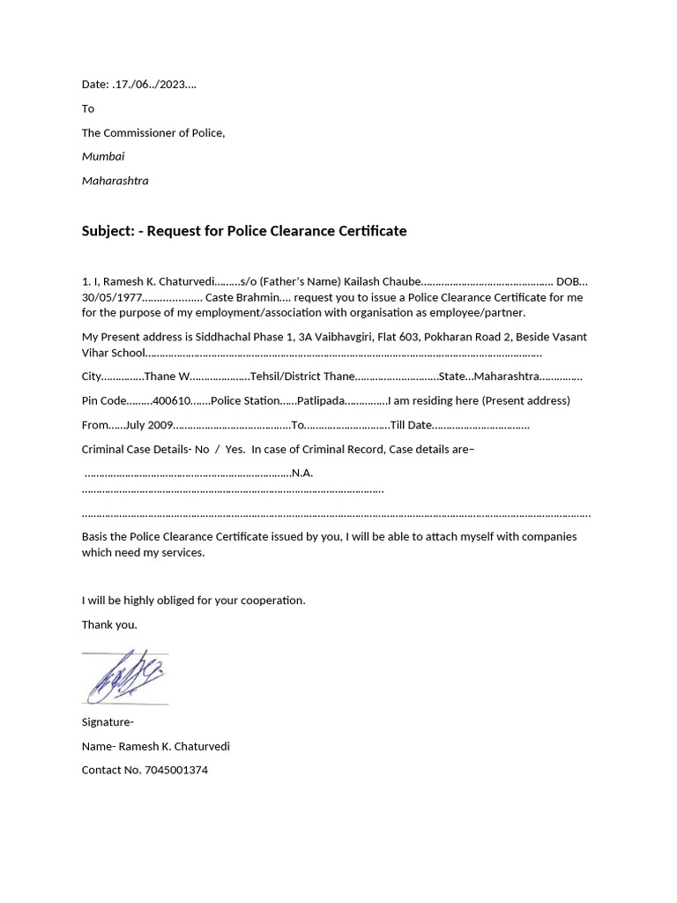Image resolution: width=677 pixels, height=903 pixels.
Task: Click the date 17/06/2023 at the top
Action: tap(155, 85)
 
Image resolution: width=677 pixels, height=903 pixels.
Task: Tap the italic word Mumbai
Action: tap(103, 156)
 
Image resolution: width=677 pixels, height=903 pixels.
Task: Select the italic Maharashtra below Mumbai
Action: tap(115, 181)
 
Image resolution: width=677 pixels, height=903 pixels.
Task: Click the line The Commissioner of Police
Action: tap(153, 133)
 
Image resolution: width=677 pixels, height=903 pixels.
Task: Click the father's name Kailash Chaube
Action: tap(383, 281)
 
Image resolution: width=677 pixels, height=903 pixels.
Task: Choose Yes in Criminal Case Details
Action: tap(234, 449)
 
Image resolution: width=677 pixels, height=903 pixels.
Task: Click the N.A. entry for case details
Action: tap(302, 473)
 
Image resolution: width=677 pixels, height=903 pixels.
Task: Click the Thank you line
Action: tap(109, 624)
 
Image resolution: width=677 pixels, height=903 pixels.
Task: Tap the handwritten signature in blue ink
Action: tap(125, 676)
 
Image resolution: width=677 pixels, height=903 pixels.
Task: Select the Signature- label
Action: tap(108, 722)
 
